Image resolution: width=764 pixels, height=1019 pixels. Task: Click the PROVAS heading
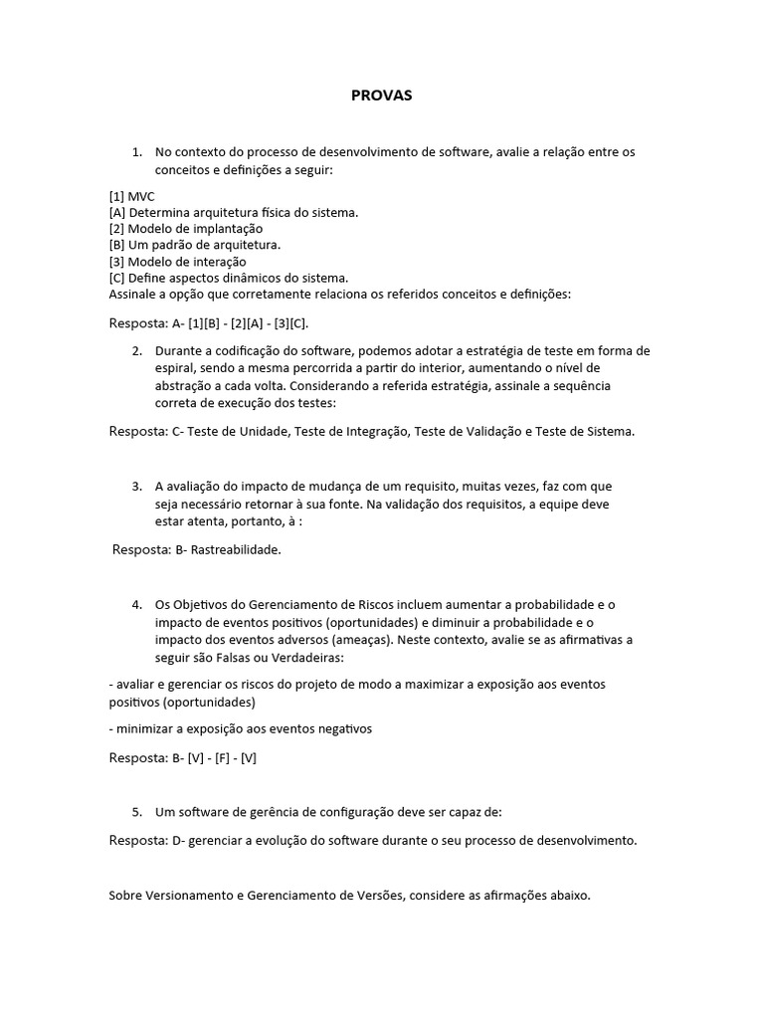(x=381, y=96)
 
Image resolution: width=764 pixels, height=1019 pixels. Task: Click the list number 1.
(x=137, y=152)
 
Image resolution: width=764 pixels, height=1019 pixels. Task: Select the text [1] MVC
(x=132, y=196)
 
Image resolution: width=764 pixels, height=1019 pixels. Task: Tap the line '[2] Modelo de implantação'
(x=185, y=229)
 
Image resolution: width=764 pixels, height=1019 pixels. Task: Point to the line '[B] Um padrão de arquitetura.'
(x=194, y=245)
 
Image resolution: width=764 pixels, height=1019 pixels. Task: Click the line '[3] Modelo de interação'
(x=177, y=261)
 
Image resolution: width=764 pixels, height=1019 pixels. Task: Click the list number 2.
(x=137, y=350)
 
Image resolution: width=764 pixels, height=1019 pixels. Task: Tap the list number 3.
(x=137, y=486)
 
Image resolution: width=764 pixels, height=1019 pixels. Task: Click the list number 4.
(x=137, y=604)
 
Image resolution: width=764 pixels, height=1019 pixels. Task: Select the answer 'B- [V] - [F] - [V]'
(x=214, y=757)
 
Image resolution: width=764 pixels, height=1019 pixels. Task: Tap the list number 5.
(x=137, y=812)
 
